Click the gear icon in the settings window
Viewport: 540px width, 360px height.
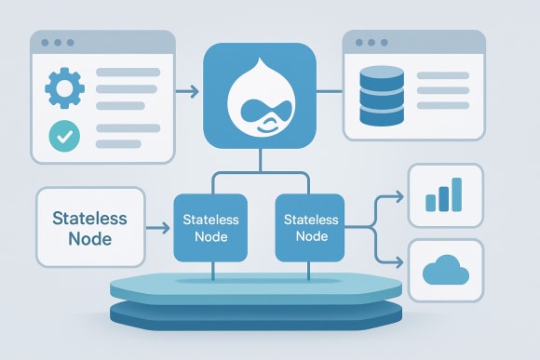tap(64, 90)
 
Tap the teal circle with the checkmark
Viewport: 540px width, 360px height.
tap(64, 136)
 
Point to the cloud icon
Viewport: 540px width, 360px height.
tap(443, 270)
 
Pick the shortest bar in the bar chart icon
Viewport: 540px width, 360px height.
tap(430, 203)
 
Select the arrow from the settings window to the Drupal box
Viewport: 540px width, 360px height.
tap(187, 91)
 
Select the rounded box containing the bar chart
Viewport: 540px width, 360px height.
tap(444, 196)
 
